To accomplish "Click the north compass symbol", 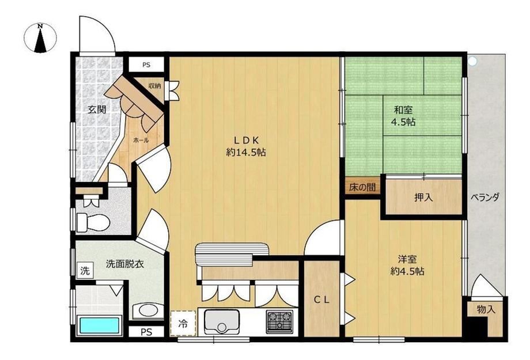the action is click(40, 37).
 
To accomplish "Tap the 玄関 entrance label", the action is click(97, 109).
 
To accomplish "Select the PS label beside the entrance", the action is click(146, 65).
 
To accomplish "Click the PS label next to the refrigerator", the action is click(146, 332).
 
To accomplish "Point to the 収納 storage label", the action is click(155, 86).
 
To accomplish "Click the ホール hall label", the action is click(141, 140).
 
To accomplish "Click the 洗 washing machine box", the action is click(85, 270).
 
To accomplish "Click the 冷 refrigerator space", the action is click(183, 323).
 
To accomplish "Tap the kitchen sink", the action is click(221, 321).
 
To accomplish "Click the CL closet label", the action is click(322, 300).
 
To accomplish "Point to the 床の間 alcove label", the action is click(362, 187).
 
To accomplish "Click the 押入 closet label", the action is click(423, 198).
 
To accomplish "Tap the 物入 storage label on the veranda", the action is click(486, 309).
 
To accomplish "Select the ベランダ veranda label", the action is click(485, 197).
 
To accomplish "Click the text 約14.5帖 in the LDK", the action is click(246, 153).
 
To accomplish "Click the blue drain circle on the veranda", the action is click(472, 61).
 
